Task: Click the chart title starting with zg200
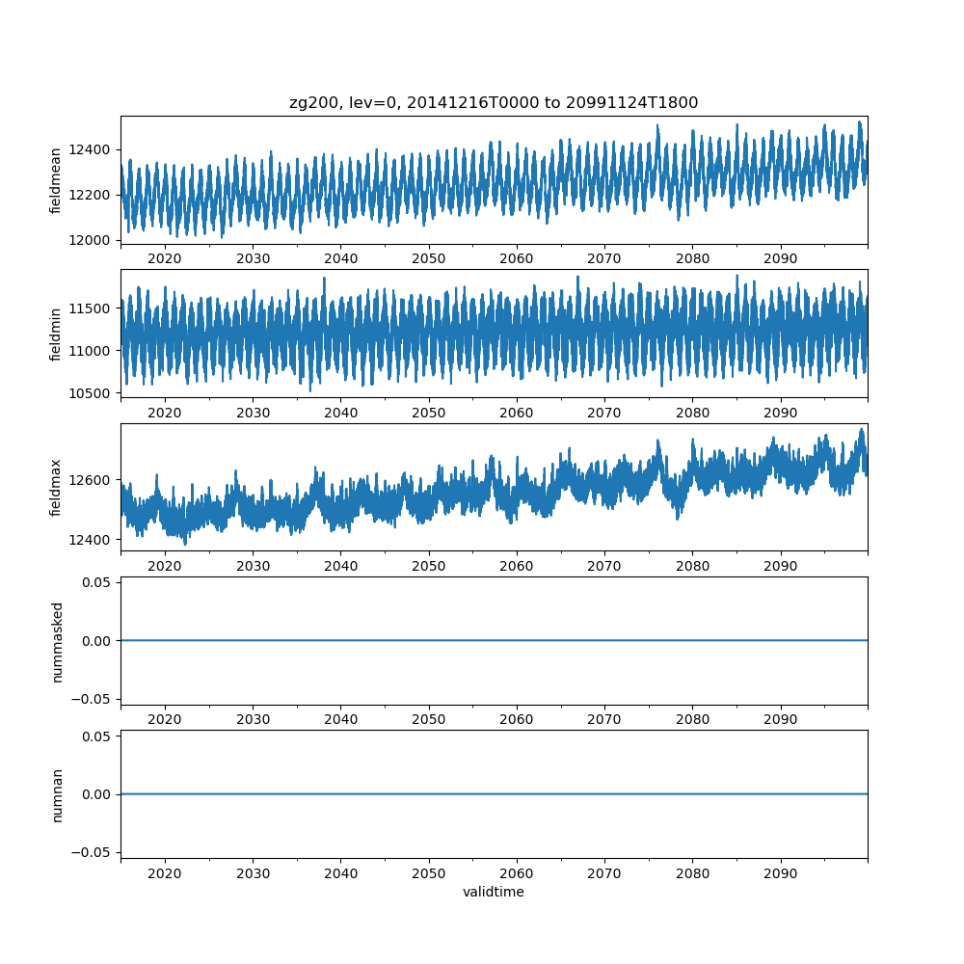494,102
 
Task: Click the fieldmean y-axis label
56,180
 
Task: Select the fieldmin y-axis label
56,334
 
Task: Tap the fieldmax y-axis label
56,487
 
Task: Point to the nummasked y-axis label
56,641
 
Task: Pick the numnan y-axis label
56,794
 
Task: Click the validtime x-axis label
494,892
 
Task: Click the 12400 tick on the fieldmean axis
92,149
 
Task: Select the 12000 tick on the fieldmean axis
92,240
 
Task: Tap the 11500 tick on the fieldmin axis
92,308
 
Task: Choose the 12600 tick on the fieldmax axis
92,480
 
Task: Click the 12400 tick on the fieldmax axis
92,539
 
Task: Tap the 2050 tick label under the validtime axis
429,874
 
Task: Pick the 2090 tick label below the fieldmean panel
781,259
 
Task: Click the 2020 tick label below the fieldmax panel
165,567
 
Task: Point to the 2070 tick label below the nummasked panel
604,720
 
